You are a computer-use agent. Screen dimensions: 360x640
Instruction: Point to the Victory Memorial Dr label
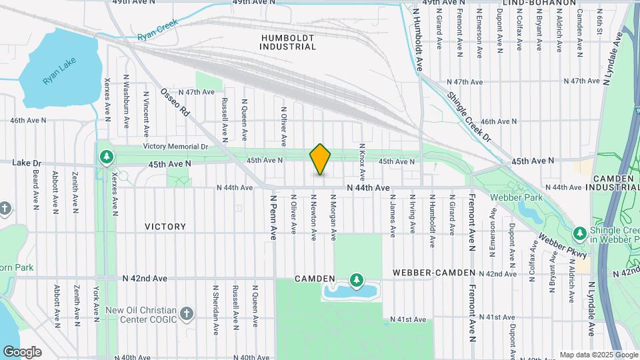point(175,147)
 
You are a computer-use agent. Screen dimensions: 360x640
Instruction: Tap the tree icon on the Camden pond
point(357,279)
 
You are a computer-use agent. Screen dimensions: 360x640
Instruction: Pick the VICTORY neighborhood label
point(165,227)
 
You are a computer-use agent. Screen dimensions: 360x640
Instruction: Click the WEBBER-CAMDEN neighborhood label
point(434,273)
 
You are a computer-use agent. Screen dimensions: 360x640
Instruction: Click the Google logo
point(21,352)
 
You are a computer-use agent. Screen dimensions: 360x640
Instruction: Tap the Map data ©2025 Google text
point(598,355)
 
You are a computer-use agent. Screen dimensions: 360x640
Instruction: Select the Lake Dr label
point(27,163)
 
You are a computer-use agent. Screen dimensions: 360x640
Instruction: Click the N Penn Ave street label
point(273,217)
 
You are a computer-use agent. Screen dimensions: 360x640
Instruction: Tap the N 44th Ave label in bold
point(368,188)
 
